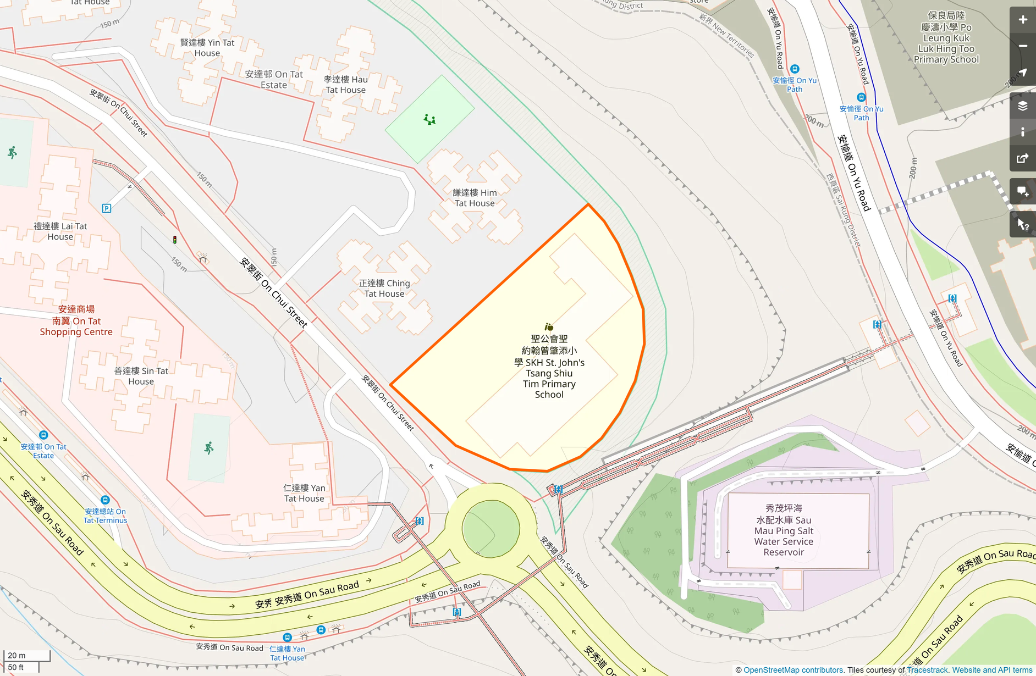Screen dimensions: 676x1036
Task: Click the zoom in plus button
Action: coord(1022,20)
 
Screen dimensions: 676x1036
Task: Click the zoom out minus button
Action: coord(1022,46)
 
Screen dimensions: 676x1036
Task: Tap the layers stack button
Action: coord(1022,106)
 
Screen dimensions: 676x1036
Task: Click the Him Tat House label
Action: coord(475,198)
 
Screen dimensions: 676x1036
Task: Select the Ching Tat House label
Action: coord(384,289)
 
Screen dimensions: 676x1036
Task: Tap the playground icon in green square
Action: coord(429,119)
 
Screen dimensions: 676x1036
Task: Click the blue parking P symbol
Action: coord(107,208)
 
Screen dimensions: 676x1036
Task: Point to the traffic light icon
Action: coord(175,240)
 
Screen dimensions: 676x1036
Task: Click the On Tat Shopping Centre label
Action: coord(76,321)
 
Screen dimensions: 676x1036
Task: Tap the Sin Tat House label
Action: coord(141,376)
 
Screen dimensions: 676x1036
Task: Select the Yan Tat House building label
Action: coord(304,493)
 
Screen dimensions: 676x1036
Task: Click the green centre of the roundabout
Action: coord(491,529)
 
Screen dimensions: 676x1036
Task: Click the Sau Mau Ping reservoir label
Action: coord(784,530)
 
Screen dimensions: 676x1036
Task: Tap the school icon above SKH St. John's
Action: coord(549,327)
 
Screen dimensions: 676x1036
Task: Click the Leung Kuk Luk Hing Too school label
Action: coord(946,37)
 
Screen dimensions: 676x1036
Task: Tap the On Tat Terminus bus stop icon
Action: coord(105,500)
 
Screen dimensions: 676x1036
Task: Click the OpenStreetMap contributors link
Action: coord(793,670)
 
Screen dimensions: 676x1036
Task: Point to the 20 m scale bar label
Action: coord(16,655)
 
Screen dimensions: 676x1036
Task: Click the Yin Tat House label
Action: coord(207,48)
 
